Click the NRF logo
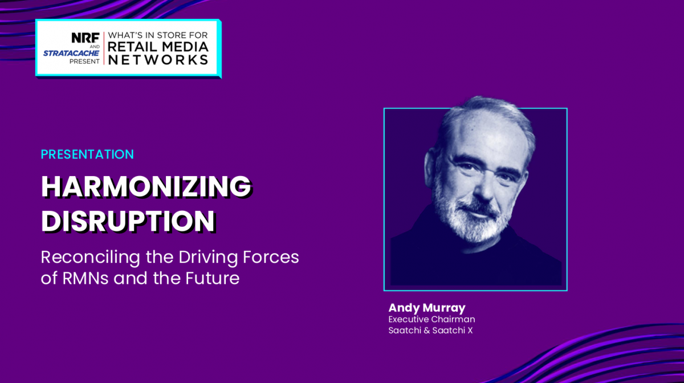pyautogui.click(x=85, y=38)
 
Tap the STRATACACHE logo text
pyautogui.click(x=71, y=53)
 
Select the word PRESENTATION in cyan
pyautogui.click(x=87, y=154)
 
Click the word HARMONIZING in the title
pyautogui.click(x=146, y=186)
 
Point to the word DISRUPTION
pyautogui.click(x=129, y=221)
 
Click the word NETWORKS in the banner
pyautogui.click(x=158, y=60)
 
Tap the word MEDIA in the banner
pyautogui.click(x=185, y=47)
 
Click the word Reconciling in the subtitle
pyautogui.click(x=91, y=257)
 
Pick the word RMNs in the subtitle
pyautogui.click(x=85, y=278)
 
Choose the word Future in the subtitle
pyautogui.click(x=213, y=278)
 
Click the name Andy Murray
pyautogui.click(x=427, y=308)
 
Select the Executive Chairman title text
pyautogui.click(x=432, y=319)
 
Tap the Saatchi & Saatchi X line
pyautogui.click(x=430, y=330)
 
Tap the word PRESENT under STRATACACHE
pyautogui.click(x=84, y=62)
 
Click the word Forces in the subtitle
pyautogui.click(x=271, y=257)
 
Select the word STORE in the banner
pyautogui.click(x=172, y=35)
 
